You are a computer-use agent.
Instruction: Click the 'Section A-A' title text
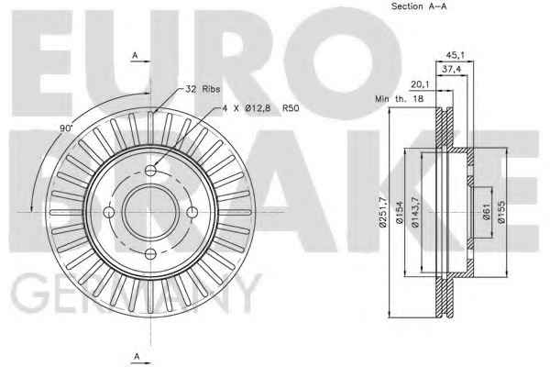[x=419, y=6]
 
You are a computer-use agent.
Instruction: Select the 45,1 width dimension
[x=455, y=55]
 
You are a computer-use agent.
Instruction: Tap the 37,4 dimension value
[x=451, y=70]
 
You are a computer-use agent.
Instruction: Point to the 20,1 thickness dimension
[x=421, y=84]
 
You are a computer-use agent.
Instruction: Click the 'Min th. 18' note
[x=399, y=99]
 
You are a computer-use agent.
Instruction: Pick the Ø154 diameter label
[x=400, y=212]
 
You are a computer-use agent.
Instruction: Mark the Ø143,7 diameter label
[x=415, y=212]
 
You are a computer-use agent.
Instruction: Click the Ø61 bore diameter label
[x=486, y=212]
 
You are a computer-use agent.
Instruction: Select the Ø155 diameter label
[x=501, y=212]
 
